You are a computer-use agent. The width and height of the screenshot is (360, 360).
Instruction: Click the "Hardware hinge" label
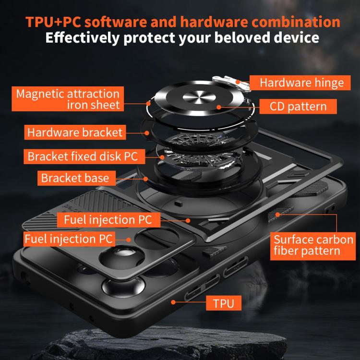click(300, 83)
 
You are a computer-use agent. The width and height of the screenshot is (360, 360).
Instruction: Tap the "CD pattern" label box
click(298, 106)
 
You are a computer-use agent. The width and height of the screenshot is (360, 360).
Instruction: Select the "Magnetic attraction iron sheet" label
click(68, 99)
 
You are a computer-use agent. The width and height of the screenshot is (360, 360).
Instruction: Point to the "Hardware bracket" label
click(75, 132)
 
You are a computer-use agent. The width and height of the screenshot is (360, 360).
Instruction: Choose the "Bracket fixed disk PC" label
click(84, 156)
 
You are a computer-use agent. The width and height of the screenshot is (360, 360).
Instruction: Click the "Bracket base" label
click(76, 178)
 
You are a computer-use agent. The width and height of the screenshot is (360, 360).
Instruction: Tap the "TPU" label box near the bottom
click(224, 303)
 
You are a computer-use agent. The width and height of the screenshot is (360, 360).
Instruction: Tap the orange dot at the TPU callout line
click(173, 302)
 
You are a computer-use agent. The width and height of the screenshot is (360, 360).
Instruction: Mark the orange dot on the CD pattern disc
click(219, 107)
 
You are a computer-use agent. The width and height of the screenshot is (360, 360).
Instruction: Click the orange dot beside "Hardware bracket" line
click(147, 132)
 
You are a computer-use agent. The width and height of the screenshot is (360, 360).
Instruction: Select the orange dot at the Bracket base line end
click(145, 179)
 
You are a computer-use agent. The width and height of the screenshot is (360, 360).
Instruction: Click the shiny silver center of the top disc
click(199, 97)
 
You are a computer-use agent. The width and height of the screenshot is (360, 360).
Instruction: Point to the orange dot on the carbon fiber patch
click(278, 215)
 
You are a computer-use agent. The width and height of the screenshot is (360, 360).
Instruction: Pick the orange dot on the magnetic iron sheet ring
click(148, 104)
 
